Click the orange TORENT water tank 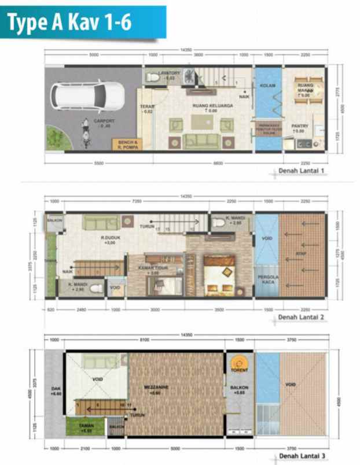pos(238,364)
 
